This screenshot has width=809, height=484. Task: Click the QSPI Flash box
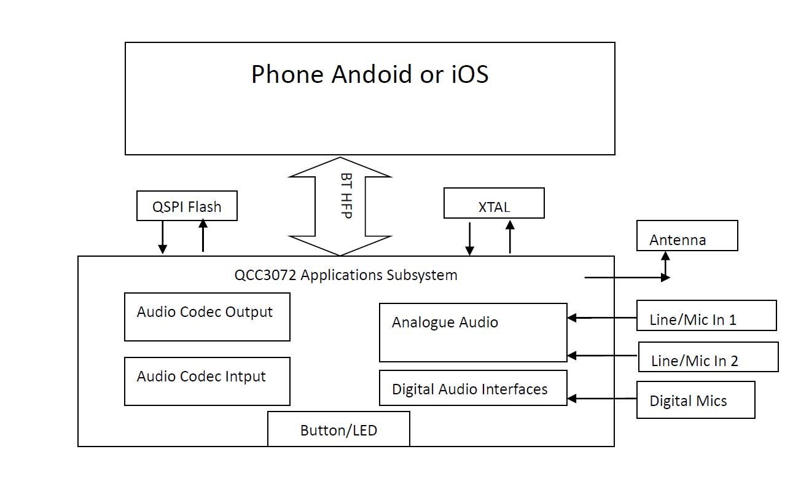187,206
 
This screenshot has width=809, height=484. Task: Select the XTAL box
494,203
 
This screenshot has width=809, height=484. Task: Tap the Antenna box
687,236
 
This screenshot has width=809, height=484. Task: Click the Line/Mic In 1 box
706,316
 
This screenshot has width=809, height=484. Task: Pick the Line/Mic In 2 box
708,357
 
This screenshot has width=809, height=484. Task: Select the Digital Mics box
695,400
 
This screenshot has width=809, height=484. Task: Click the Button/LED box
338,429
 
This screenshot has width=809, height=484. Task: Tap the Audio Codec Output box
207,317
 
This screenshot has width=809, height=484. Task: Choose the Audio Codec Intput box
207,381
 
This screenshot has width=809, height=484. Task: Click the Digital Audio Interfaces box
473,388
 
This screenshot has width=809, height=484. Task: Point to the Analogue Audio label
445,322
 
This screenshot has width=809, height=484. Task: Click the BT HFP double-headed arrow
340,206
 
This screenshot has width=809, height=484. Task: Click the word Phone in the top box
287,74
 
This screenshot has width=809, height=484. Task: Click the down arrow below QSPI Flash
163,237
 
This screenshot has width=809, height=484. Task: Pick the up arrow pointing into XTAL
510,236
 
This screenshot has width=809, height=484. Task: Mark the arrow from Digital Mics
601,399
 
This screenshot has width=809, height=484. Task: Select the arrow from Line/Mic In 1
601,318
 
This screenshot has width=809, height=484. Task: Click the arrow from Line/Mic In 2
602,356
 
